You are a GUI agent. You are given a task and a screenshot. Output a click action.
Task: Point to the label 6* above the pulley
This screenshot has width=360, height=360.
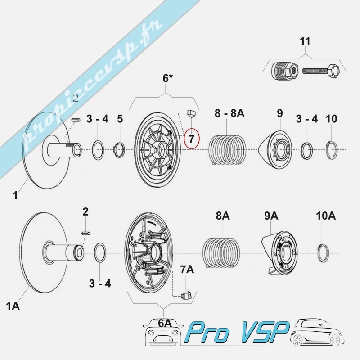tap(167, 79)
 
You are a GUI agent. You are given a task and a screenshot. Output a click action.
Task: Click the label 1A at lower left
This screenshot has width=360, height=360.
tap(13, 307)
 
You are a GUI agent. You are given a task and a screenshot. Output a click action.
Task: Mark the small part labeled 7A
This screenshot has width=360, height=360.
tap(186, 295)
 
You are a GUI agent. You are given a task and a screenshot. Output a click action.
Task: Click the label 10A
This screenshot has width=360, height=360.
tap(326, 216)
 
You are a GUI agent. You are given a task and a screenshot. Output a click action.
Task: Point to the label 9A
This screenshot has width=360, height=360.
tap(271, 216)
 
